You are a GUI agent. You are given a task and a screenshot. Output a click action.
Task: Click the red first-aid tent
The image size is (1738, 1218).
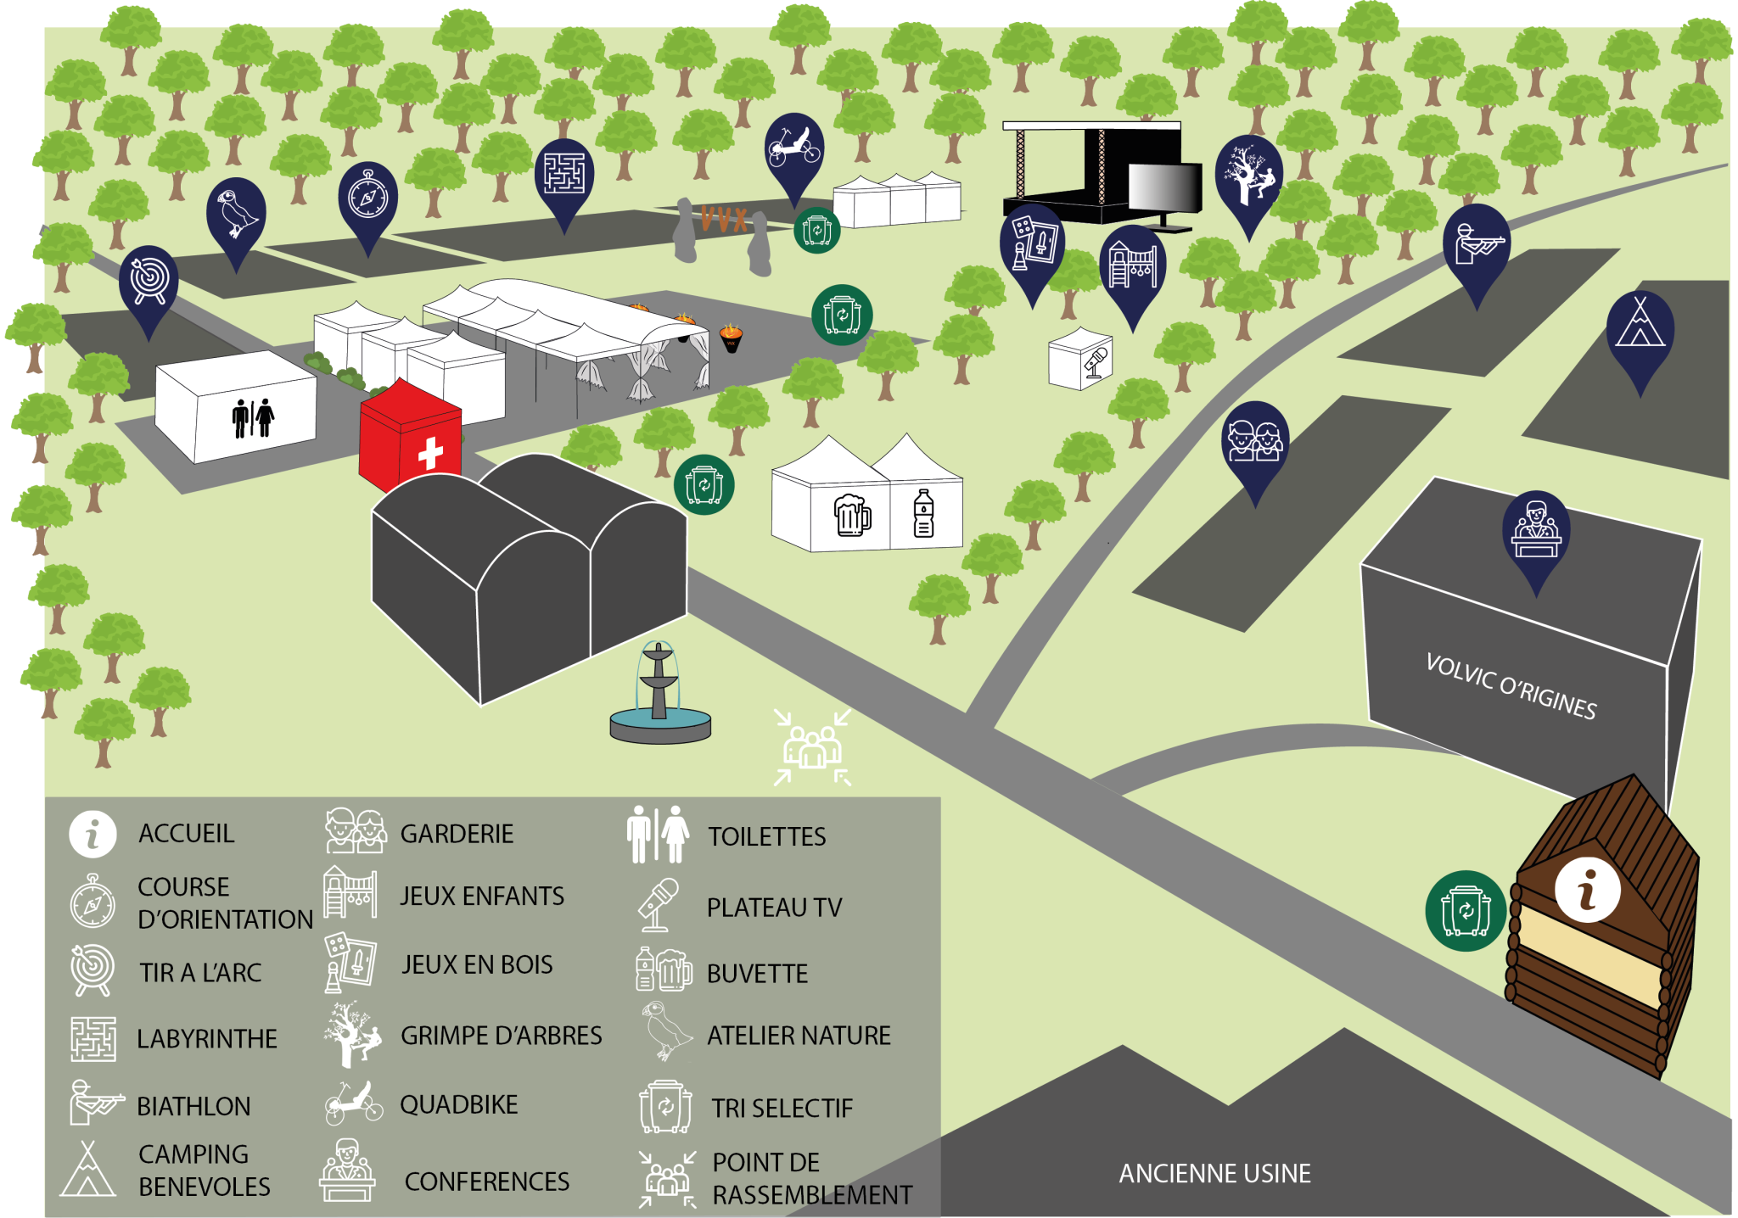tap(410, 441)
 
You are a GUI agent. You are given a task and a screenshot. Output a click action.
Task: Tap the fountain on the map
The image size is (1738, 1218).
tap(659, 696)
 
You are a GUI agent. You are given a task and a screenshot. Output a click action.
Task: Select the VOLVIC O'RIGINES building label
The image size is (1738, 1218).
tap(1511, 687)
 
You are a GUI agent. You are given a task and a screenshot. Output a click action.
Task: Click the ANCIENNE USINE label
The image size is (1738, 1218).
tap(1214, 1174)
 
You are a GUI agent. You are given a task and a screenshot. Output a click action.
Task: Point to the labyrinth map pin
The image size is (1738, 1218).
tap(564, 174)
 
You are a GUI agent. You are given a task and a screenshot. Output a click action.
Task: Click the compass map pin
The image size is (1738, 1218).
tap(368, 198)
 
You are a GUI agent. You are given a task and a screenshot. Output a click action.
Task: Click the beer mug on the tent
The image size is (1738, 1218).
tap(851, 515)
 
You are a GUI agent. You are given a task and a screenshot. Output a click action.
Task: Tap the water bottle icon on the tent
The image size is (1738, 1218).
tap(923, 514)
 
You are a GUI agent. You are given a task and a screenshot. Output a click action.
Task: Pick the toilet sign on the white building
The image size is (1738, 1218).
tap(253, 417)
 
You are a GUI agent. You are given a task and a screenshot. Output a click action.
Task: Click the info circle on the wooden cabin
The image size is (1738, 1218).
tap(1587, 889)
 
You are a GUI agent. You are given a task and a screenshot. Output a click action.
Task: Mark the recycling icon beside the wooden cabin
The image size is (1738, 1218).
tap(1466, 911)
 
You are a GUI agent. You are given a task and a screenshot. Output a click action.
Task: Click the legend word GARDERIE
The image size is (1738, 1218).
tap(457, 835)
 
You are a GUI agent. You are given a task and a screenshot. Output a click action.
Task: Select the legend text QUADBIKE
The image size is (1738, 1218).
tap(458, 1105)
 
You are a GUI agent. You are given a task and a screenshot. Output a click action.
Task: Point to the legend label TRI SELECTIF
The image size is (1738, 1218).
tap(782, 1109)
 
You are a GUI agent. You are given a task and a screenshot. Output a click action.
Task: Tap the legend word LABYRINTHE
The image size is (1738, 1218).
tap(207, 1039)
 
